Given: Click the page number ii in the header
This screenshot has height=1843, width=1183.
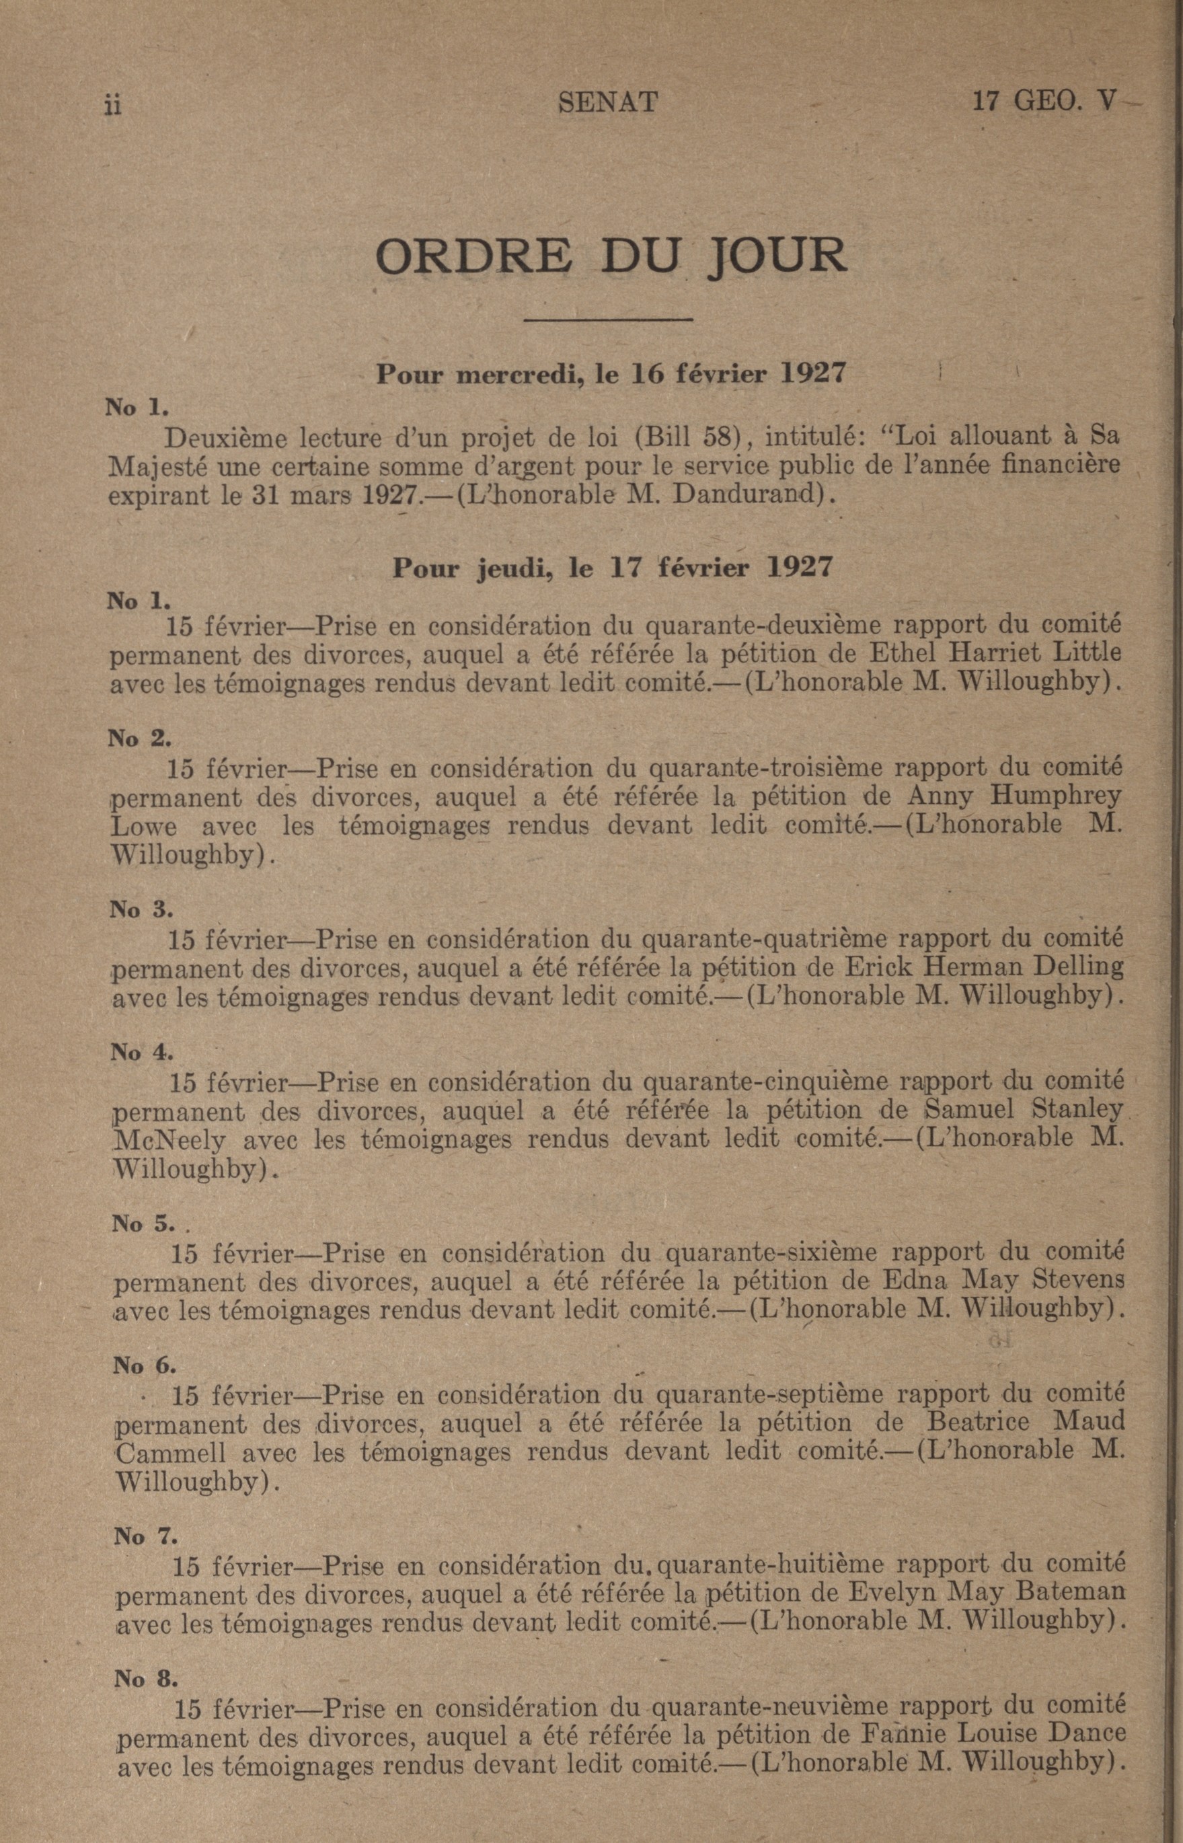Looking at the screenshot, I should pos(113,105).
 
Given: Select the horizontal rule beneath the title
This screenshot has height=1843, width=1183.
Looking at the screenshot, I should pos(607,319).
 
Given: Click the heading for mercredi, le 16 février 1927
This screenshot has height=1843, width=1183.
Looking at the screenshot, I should pos(610,374).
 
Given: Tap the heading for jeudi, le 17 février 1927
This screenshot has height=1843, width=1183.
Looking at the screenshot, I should pos(612,568).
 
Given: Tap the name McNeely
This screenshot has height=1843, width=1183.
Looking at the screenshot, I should pos(169,1140).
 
